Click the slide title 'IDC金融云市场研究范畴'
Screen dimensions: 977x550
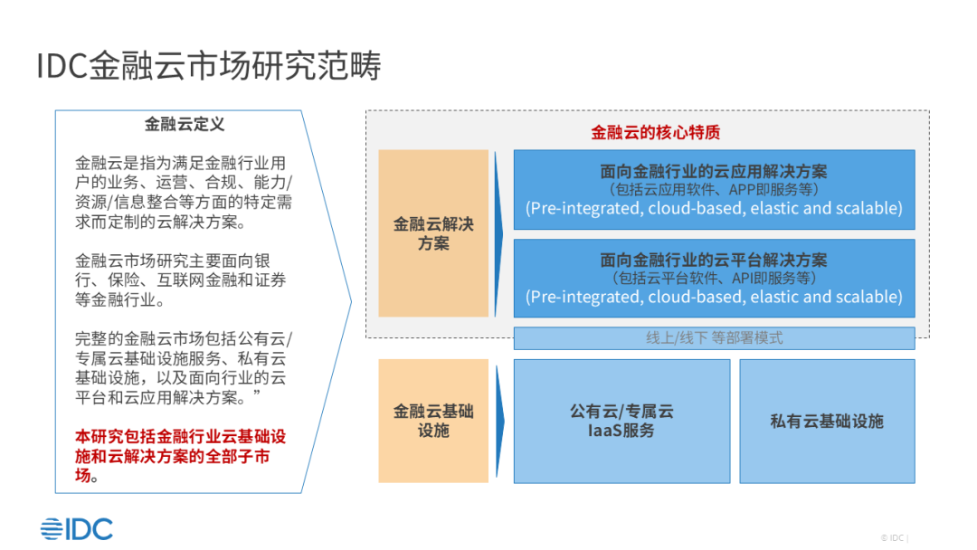209,65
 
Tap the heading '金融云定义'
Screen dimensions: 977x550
185,124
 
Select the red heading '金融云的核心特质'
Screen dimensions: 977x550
656,132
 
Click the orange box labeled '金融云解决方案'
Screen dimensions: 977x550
433,233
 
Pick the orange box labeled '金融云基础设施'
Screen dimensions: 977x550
433,421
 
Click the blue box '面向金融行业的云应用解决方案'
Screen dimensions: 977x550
714,189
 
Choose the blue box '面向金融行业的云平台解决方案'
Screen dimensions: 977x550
714,278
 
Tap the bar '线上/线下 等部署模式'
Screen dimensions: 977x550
714,338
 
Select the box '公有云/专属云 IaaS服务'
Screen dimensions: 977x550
621,421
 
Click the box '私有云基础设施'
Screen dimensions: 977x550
827,421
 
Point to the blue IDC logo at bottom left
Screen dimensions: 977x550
77,529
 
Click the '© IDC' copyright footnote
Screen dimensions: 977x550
894,537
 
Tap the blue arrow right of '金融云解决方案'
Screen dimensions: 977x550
499,234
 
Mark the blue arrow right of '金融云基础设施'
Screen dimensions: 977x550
499,421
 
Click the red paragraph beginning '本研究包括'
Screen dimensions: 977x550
180,456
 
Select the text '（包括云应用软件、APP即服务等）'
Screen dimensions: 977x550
714,189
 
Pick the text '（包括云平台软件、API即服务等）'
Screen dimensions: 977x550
714,278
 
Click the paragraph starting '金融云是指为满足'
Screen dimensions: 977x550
184,193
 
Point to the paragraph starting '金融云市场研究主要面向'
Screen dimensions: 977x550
181,280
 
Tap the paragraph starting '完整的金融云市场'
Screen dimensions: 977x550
184,368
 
